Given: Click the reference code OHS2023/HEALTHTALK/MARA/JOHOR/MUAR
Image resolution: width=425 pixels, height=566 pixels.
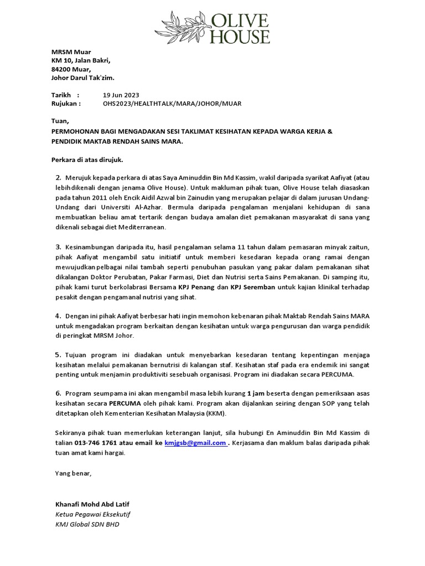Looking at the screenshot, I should tap(172, 103).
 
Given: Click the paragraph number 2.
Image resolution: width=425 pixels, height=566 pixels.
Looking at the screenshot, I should tap(58, 177).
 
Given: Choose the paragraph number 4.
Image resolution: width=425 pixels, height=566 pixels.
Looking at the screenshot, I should tap(58, 316).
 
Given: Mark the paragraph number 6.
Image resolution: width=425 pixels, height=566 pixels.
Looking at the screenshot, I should tap(58, 392).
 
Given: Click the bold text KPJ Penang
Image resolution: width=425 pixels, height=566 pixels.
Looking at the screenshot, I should tap(197, 288).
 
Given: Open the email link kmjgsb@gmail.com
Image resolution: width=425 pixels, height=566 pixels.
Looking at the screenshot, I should tap(195, 443).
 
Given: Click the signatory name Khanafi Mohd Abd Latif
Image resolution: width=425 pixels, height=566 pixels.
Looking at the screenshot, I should tap(92, 505).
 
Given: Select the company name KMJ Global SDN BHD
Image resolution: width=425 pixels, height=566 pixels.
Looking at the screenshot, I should tap(87, 524).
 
